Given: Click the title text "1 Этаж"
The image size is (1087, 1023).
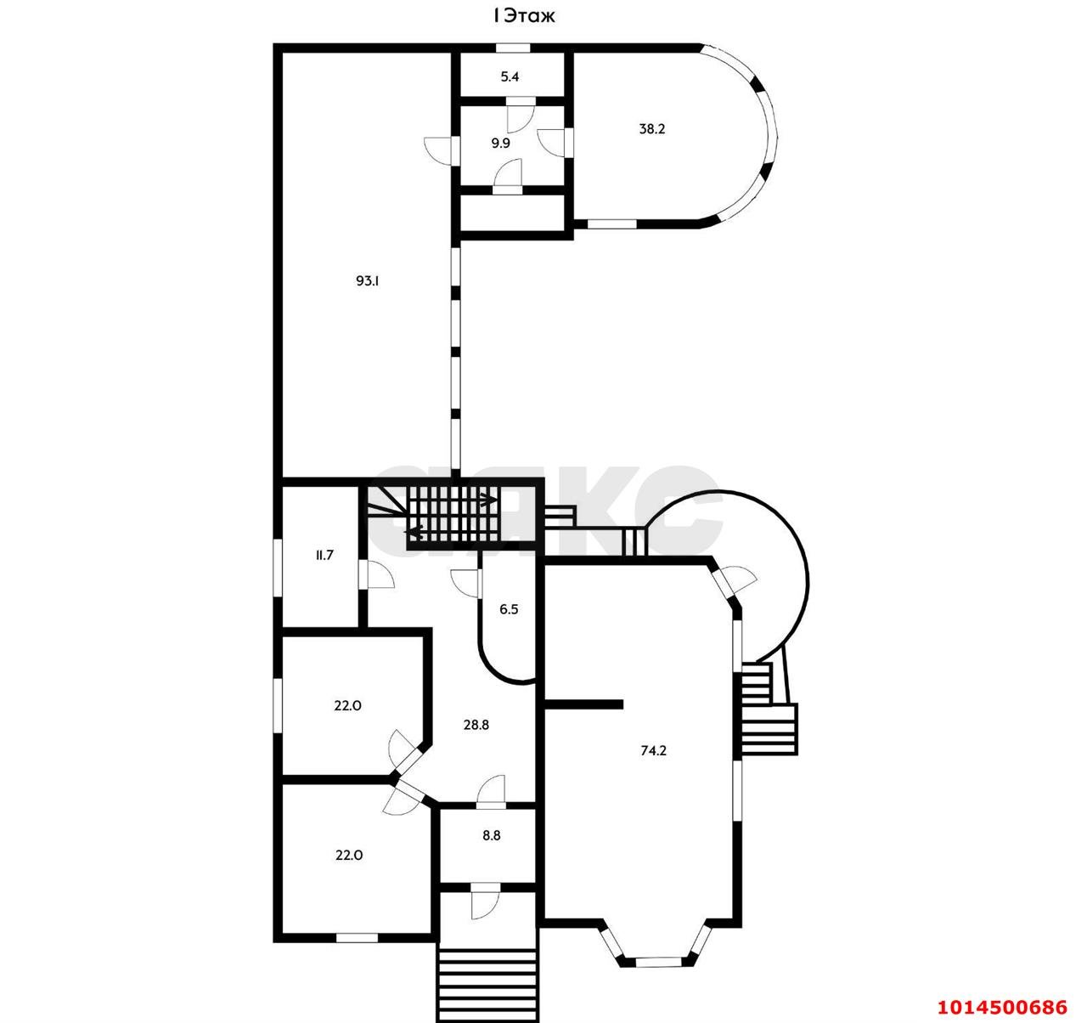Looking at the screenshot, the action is coord(523,16).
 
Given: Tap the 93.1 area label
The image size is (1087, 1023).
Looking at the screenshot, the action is coord(367,281).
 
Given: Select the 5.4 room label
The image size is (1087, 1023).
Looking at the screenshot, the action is coord(510,76).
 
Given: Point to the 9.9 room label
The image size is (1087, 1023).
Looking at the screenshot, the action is coord(500,144).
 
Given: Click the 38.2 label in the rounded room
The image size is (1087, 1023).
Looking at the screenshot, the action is coord(652,129).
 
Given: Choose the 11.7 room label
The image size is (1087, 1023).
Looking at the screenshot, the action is coord(324,556).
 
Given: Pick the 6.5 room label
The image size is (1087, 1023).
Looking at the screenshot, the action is coord(509,609).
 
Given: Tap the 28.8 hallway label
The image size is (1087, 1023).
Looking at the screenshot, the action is coord(476,725).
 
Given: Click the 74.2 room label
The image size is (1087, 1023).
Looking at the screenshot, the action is coord(653,751).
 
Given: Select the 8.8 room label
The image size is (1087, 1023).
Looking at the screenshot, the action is coord(492,836).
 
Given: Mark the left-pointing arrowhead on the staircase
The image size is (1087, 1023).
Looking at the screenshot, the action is coord(412,531).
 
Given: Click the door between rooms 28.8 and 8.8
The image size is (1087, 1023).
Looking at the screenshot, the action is coord(491,791).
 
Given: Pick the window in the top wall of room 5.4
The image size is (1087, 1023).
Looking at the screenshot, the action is coord(514,48).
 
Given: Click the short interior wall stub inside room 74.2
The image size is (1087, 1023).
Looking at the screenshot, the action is coord(583,705).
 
